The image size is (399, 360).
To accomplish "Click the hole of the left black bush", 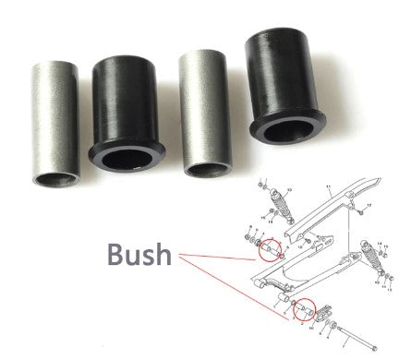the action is (x=126, y=160).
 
